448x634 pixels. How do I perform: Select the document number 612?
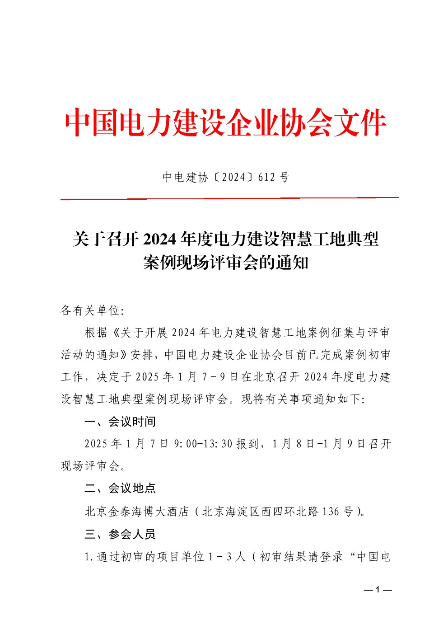[x=266, y=177]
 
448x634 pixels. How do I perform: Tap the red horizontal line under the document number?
[x=229, y=198]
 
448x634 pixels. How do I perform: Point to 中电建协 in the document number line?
[x=185, y=177]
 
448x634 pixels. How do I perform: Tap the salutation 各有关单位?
[x=90, y=310]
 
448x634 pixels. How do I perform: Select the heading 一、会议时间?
[x=120, y=422]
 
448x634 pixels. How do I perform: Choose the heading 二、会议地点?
[x=120, y=488]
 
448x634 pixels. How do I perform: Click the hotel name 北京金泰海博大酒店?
[x=136, y=512]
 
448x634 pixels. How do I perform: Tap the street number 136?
[x=330, y=512]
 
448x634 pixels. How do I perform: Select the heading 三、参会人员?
[x=120, y=534]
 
